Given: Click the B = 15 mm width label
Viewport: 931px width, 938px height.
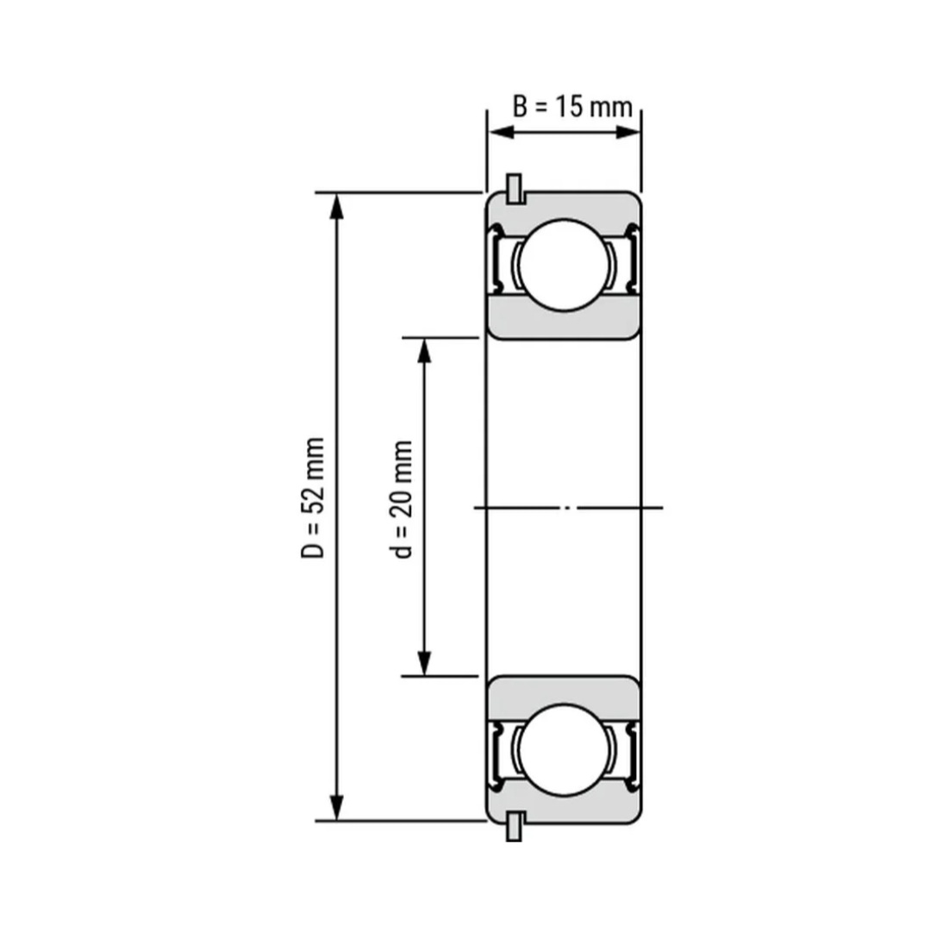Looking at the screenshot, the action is (572, 107).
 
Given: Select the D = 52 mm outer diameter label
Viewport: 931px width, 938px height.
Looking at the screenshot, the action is (313, 498).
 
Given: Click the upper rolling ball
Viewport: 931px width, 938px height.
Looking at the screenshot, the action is (564, 265).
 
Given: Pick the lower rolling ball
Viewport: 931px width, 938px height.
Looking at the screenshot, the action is (564, 749).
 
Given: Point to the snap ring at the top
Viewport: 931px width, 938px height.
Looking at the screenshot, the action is (514, 189).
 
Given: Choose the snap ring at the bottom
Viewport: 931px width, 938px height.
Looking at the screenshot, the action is (514, 827).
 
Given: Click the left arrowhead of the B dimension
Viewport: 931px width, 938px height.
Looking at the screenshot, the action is (501, 132).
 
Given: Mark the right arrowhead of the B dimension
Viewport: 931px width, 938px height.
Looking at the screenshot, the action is (628, 132).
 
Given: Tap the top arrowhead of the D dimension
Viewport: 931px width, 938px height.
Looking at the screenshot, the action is (337, 206).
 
